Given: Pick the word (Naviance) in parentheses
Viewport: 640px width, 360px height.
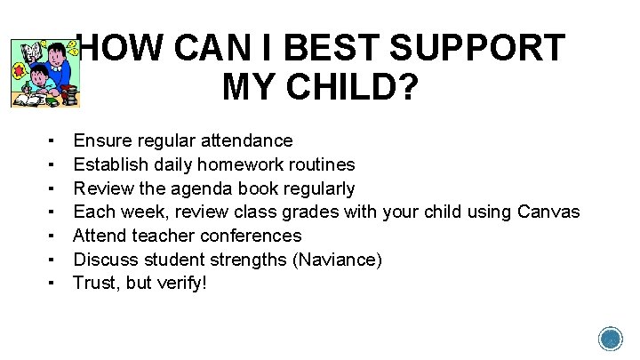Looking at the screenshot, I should point(339,260).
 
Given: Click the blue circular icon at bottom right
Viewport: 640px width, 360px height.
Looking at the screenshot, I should point(611,340).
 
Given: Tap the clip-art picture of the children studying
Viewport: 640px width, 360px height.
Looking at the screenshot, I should point(42,74).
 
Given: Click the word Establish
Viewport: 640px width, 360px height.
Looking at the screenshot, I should point(106,164).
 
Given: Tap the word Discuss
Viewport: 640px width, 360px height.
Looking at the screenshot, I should point(103,260).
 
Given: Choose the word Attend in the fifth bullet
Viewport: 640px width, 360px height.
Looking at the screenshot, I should point(98,236).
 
